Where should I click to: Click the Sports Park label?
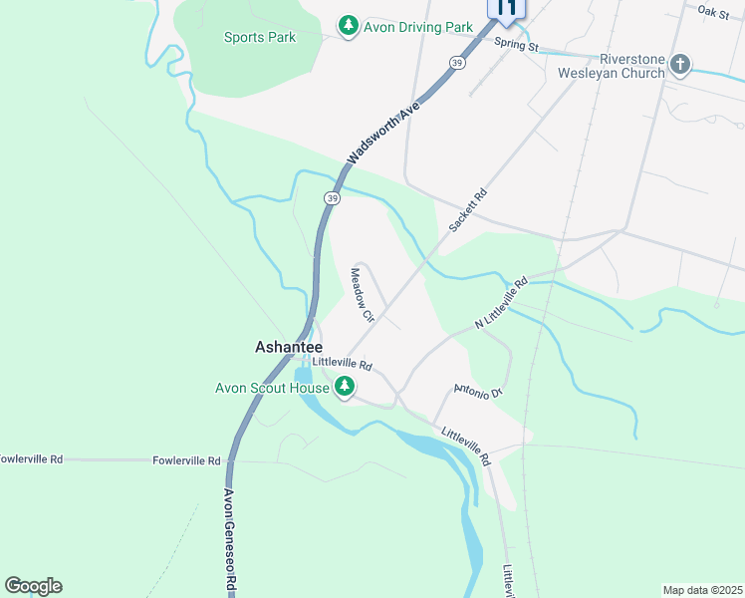[260, 38]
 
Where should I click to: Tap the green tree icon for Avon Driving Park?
[348, 26]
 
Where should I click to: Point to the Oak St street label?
[714, 12]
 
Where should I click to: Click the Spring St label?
[516, 47]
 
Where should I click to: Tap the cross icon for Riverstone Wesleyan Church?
[680, 66]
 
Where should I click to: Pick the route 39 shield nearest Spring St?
[456, 63]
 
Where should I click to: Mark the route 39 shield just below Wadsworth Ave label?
[332, 198]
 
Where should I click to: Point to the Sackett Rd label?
[466, 210]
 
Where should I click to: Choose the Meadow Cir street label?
[361, 295]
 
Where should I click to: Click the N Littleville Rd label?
[500, 304]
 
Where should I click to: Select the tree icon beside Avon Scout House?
[344, 387]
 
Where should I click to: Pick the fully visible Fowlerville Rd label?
[186, 460]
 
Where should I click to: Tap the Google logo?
[33, 585]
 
